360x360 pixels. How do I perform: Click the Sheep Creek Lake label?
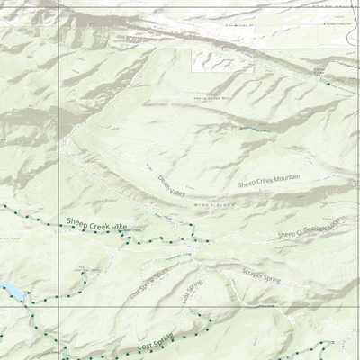pos(96,222)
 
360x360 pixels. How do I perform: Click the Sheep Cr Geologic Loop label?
pos(310,229)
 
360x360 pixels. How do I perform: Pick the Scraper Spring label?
pos(261,275)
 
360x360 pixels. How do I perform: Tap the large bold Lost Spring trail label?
pos(155,344)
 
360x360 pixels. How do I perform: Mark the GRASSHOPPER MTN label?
pos(212,98)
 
